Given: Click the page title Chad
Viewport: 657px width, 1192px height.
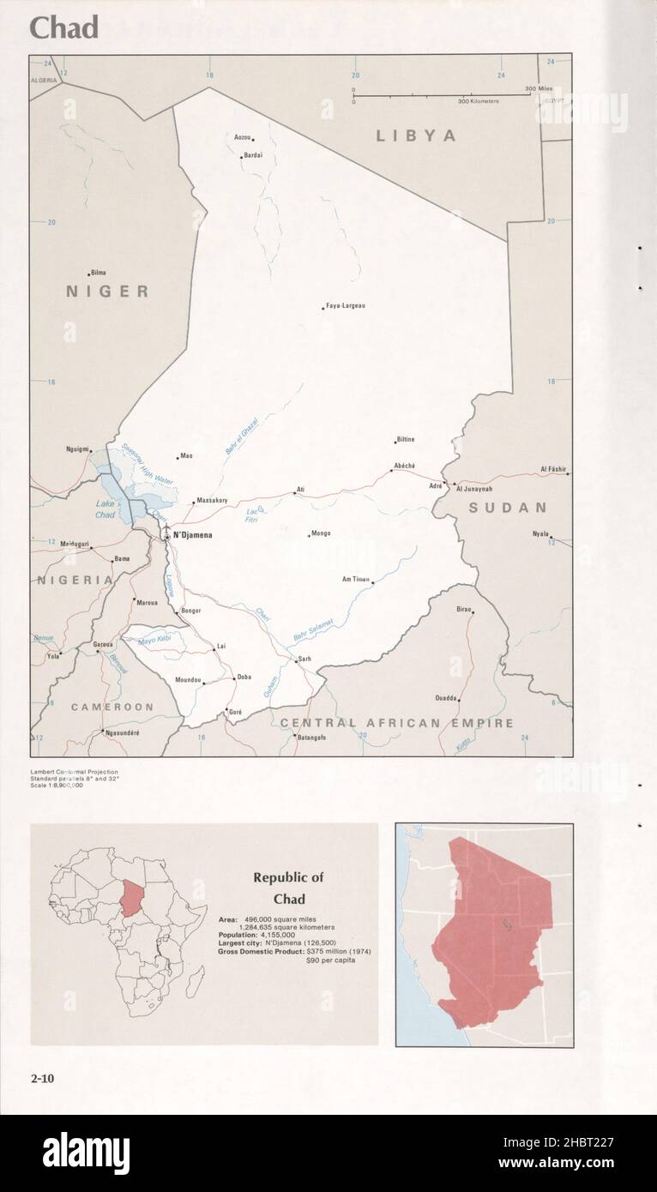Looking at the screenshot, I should [x=64, y=27].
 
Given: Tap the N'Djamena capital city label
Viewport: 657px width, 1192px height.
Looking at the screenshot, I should [x=191, y=535].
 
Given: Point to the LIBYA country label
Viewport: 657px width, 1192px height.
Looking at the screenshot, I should [x=416, y=135].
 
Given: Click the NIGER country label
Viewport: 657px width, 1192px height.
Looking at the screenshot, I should [x=107, y=292].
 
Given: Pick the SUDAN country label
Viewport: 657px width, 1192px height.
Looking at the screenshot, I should [x=507, y=508].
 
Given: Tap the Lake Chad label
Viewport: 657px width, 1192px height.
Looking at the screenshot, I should [x=105, y=509].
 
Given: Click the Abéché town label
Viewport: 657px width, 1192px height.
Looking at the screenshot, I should [x=404, y=466].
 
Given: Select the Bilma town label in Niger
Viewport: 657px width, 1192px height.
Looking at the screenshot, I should [x=98, y=273].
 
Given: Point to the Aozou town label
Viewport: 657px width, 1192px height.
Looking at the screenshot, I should [x=243, y=137].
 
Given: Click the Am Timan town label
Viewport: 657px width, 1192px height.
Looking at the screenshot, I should [x=355, y=579].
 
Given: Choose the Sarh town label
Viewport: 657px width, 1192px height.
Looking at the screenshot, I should [x=304, y=659].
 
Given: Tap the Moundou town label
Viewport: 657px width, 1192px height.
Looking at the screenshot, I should [x=188, y=680].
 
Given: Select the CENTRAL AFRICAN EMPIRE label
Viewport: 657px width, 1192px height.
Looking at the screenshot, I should [x=396, y=723].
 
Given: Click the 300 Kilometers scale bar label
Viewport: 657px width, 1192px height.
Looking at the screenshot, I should [x=478, y=101].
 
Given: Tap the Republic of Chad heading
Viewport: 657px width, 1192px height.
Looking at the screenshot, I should [x=288, y=888].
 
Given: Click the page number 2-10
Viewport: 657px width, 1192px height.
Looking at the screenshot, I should [x=42, y=1079].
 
